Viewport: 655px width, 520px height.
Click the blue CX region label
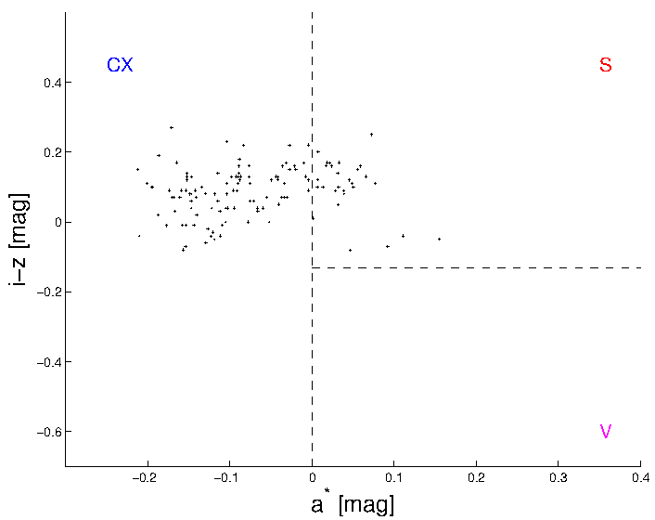coord(120,65)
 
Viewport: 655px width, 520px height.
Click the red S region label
coord(605,65)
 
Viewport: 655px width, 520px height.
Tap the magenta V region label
coord(605,432)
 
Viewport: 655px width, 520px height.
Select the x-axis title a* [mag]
coord(352,504)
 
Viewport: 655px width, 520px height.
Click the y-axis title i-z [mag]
coord(19,239)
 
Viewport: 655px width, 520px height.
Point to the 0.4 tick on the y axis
coord(49,83)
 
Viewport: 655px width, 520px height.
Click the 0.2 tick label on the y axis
coord(49,152)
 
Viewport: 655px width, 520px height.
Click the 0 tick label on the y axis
coord(55,223)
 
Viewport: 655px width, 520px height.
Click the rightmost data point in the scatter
coord(439,239)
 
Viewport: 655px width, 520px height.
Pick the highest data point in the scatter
coord(171,127)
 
